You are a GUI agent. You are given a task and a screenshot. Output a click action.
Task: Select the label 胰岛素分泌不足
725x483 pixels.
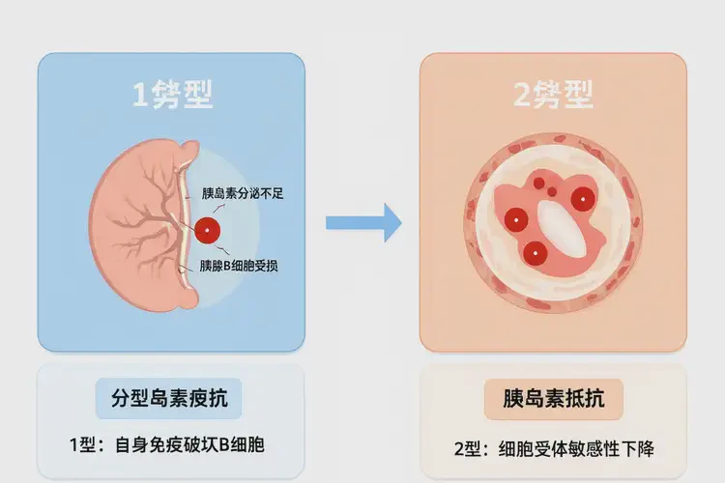(242, 193)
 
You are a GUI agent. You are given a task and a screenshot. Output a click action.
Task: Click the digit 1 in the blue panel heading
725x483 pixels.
(142, 94)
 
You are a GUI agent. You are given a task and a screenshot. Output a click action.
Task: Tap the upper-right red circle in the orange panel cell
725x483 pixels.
(582, 200)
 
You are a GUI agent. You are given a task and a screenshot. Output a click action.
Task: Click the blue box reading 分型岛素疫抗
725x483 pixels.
(170, 398)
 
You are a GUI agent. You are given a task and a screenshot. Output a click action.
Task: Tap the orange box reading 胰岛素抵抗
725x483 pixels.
(553, 399)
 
